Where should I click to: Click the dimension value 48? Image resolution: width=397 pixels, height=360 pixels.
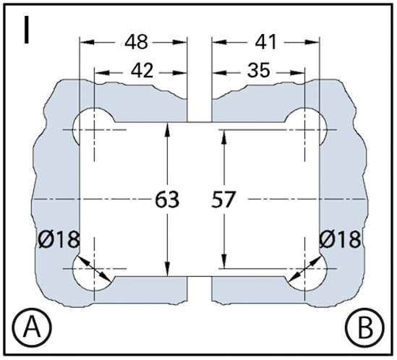(x=136, y=42)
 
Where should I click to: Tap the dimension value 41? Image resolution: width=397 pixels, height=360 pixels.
(x=265, y=42)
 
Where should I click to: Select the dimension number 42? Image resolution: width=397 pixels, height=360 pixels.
(x=142, y=71)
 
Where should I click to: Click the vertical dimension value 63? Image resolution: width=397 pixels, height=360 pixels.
(x=167, y=200)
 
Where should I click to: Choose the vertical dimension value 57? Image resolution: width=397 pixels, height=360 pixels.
(x=223, y=200)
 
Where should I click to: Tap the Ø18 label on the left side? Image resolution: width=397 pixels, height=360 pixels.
(x=59, y=239)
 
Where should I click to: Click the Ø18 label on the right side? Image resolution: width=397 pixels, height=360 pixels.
(x=340, y=239)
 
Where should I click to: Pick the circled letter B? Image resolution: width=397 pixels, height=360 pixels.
(x=366, y=327)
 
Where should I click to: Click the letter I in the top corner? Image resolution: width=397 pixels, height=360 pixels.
(x=26, y=30)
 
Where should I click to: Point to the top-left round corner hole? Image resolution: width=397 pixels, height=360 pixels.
(x=94, y=127)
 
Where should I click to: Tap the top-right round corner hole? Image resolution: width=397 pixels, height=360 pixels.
(x=306, y=127)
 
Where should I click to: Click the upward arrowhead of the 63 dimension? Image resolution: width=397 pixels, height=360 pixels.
(x=167, y=129)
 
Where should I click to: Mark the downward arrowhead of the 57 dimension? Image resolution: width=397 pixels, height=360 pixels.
(x=224, y=262)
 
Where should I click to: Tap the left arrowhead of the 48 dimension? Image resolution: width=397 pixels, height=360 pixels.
(x=87, y=42)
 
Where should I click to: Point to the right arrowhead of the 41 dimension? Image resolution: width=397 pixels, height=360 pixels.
(x=312, y=42)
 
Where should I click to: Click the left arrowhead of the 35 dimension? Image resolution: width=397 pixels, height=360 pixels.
(x=219, y=73)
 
